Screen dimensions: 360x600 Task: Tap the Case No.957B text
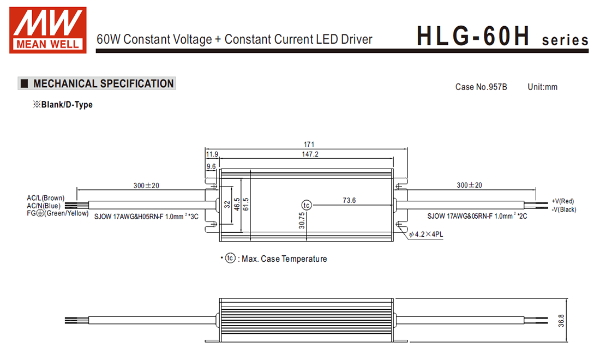coord(481,87)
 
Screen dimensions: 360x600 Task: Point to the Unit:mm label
coord(542,87)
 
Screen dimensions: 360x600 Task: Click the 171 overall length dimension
coord(309,145)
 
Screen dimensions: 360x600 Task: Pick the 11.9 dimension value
coord(212,154)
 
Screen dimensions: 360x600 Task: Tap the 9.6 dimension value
coord(211,166)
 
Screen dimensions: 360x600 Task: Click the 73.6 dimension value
coord(349,201)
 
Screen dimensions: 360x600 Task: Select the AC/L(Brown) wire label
coord(45,197)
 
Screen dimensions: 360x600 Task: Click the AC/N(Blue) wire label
coord(44,205)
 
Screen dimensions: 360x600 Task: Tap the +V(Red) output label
coord(562,201)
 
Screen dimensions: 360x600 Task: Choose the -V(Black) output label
coord(564,209)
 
